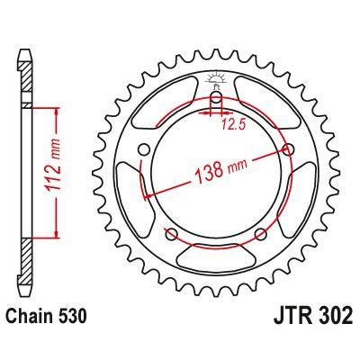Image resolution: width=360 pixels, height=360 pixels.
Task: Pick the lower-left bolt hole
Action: point(171,234)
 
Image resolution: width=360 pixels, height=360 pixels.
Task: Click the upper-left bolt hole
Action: point(144,149)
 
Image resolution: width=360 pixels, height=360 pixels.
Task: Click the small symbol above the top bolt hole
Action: point(216,79)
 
